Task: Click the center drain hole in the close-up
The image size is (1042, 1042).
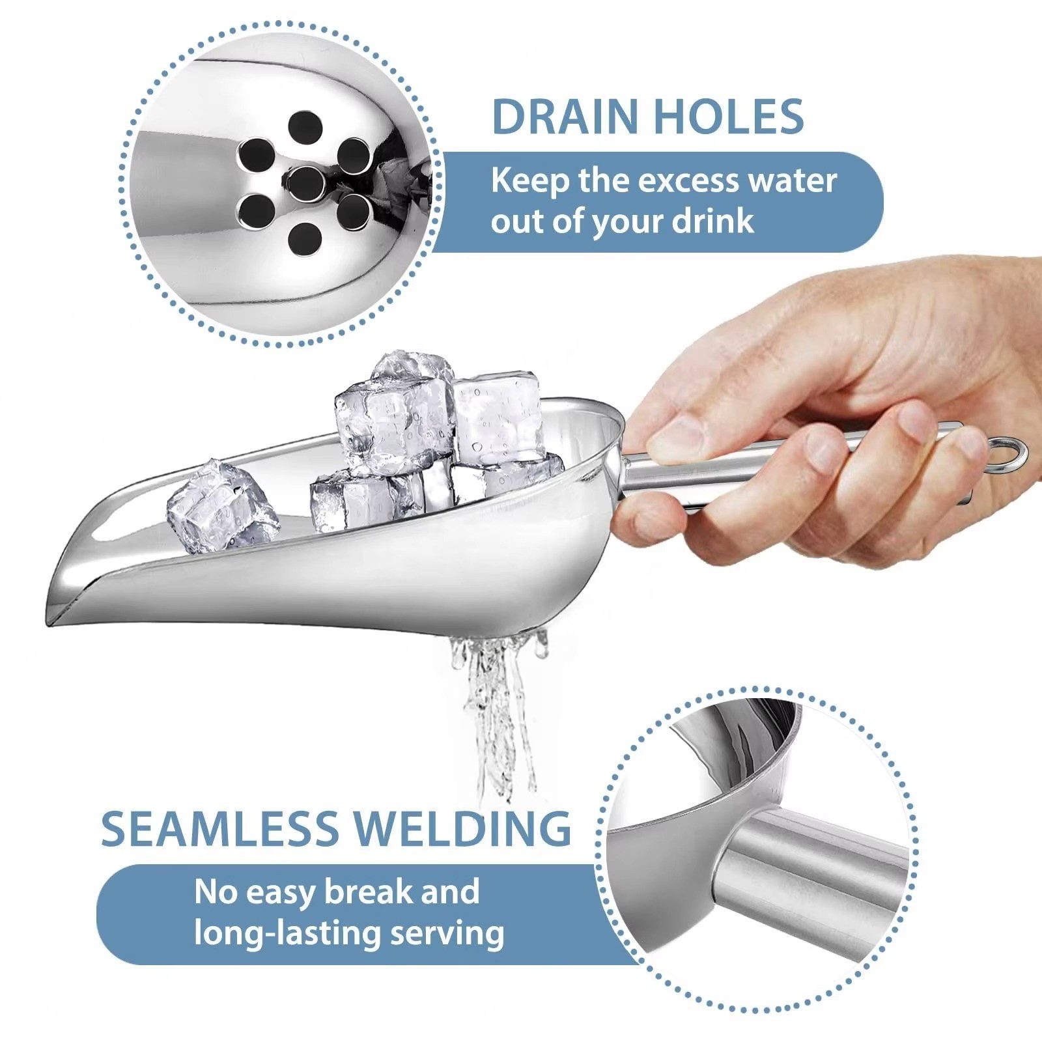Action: (x=306, y=183)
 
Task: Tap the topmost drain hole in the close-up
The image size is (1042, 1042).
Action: (x=306, y=128)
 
